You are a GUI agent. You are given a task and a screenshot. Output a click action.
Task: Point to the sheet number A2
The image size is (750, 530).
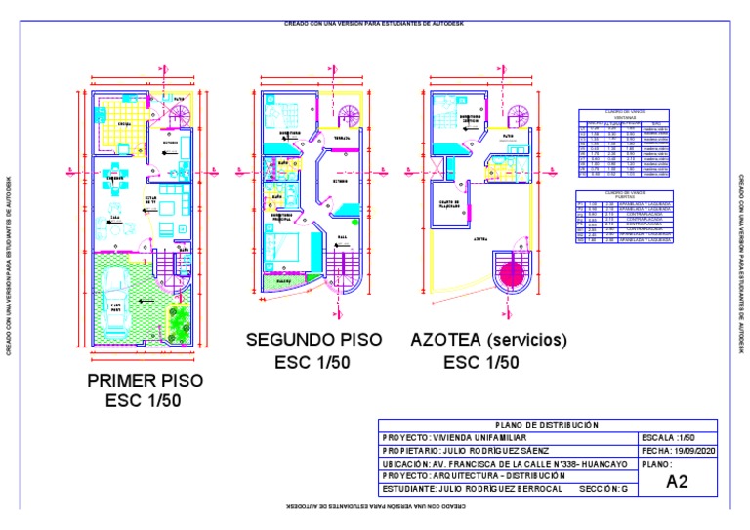pyautogui.click(x=677, y=481)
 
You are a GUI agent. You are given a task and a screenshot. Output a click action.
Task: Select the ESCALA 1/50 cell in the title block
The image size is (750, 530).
pyautogui.click(x=666, y=438)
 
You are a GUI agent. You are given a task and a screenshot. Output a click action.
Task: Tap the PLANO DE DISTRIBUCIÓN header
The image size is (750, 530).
pyautogui.click(x=547, y=425)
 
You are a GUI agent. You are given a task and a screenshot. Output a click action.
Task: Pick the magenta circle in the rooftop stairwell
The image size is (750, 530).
pyautogui.click(x=510, y=274)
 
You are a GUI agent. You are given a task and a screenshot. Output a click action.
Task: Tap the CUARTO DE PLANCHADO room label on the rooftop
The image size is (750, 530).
pyautogui.click(x=448, y=206)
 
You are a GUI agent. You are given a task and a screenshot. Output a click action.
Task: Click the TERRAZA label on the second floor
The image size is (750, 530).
pyautogui.click(x=342, y=138)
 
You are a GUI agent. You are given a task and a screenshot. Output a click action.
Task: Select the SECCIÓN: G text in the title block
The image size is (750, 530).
pyautogui.click(x=603, y=489)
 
